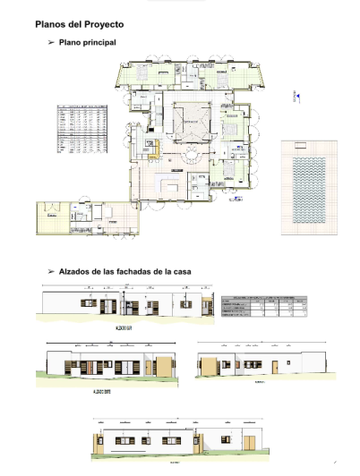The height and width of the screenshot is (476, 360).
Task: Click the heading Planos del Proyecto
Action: (x=80, y=27)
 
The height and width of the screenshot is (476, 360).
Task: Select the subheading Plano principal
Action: (x=87, y=42)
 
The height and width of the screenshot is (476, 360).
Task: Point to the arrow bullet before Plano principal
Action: (x=50, y=42)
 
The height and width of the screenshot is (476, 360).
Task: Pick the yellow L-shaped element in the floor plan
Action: (x=153, y=147)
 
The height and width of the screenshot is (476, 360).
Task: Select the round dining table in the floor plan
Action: (x=191, y=158)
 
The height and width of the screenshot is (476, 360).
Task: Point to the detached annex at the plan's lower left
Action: (x=87, y=217)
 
